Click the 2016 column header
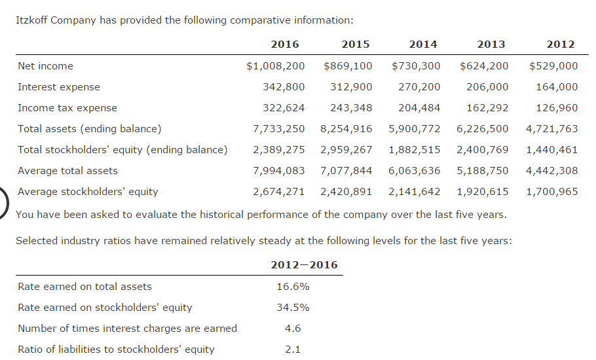point(284,45)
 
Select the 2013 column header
point(491,45)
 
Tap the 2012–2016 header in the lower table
point(304,265)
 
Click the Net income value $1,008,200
point(275,66)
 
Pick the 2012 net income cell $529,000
point(553,66)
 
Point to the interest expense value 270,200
point(419,87)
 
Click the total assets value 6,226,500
point(483,129)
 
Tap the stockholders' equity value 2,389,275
point(279,150)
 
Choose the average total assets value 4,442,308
point(551,171)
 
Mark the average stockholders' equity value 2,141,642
point(415,192)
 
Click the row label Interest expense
point(59,87)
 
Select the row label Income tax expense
point(67,108)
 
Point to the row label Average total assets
point(67,171)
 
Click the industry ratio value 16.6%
point(293,287)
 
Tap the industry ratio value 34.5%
point(293,308)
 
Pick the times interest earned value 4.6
point(293,329)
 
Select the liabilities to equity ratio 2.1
point(293,350)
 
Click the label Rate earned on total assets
point(84,287)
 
